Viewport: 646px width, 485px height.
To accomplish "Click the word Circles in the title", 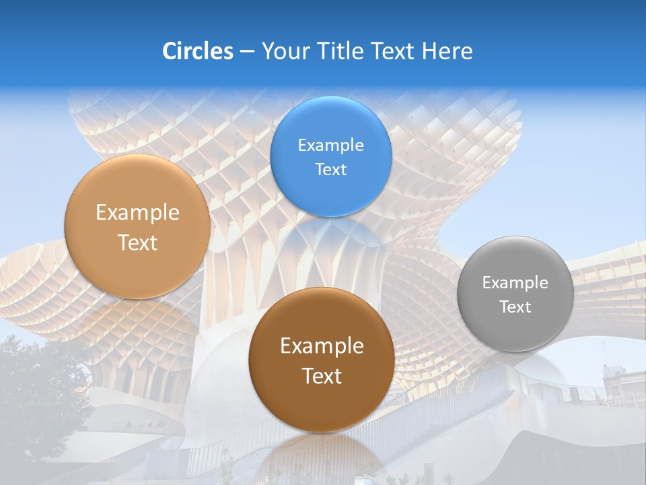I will [198, 51].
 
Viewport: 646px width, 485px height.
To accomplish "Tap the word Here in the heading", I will [447, 51].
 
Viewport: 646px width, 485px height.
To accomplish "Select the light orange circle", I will [137, 269].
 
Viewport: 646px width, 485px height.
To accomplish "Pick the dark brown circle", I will [322, 404].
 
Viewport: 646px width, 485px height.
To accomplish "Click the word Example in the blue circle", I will [331, 145].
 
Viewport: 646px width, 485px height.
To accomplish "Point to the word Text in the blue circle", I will [331, 169].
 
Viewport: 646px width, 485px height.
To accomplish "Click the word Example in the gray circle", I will [515, 282].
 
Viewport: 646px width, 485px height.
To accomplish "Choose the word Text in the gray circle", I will [515, 306].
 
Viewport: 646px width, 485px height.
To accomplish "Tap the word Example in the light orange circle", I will [137, 213].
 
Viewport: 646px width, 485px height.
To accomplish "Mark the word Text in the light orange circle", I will [137, 243].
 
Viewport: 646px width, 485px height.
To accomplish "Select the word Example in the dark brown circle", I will [322, 346].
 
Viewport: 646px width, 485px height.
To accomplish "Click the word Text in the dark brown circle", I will [322, 376].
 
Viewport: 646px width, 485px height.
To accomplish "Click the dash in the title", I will [246, 52].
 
